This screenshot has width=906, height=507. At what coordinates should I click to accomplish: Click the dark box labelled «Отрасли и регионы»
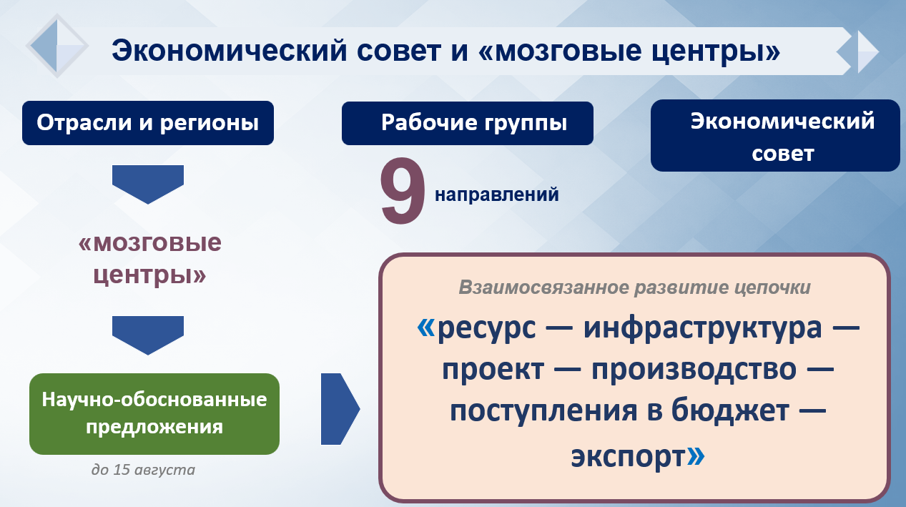point(147,123)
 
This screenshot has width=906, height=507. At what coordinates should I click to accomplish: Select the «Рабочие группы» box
point(467,123)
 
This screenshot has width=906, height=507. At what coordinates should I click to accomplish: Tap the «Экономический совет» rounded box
point(775,136)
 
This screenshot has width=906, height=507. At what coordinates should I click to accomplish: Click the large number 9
point(403,190)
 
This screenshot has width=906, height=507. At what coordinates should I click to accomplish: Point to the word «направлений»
point(497,195)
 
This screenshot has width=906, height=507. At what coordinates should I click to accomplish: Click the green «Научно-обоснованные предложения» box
point(154,414)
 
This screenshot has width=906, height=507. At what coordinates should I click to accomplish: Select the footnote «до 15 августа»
point(143,470)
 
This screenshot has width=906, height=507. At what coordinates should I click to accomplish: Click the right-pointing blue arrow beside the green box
point(340,409)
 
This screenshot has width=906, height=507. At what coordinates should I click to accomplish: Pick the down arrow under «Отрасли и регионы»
point(147,184)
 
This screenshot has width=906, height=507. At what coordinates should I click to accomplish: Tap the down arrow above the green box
point(147,335)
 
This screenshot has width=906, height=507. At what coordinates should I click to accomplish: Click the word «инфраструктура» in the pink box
point(702,328)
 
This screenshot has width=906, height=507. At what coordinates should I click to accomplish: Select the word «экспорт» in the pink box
point(628,457)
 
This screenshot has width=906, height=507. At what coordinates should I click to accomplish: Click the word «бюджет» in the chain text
point(731,410)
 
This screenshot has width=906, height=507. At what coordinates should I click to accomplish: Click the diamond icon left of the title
point(57,45)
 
